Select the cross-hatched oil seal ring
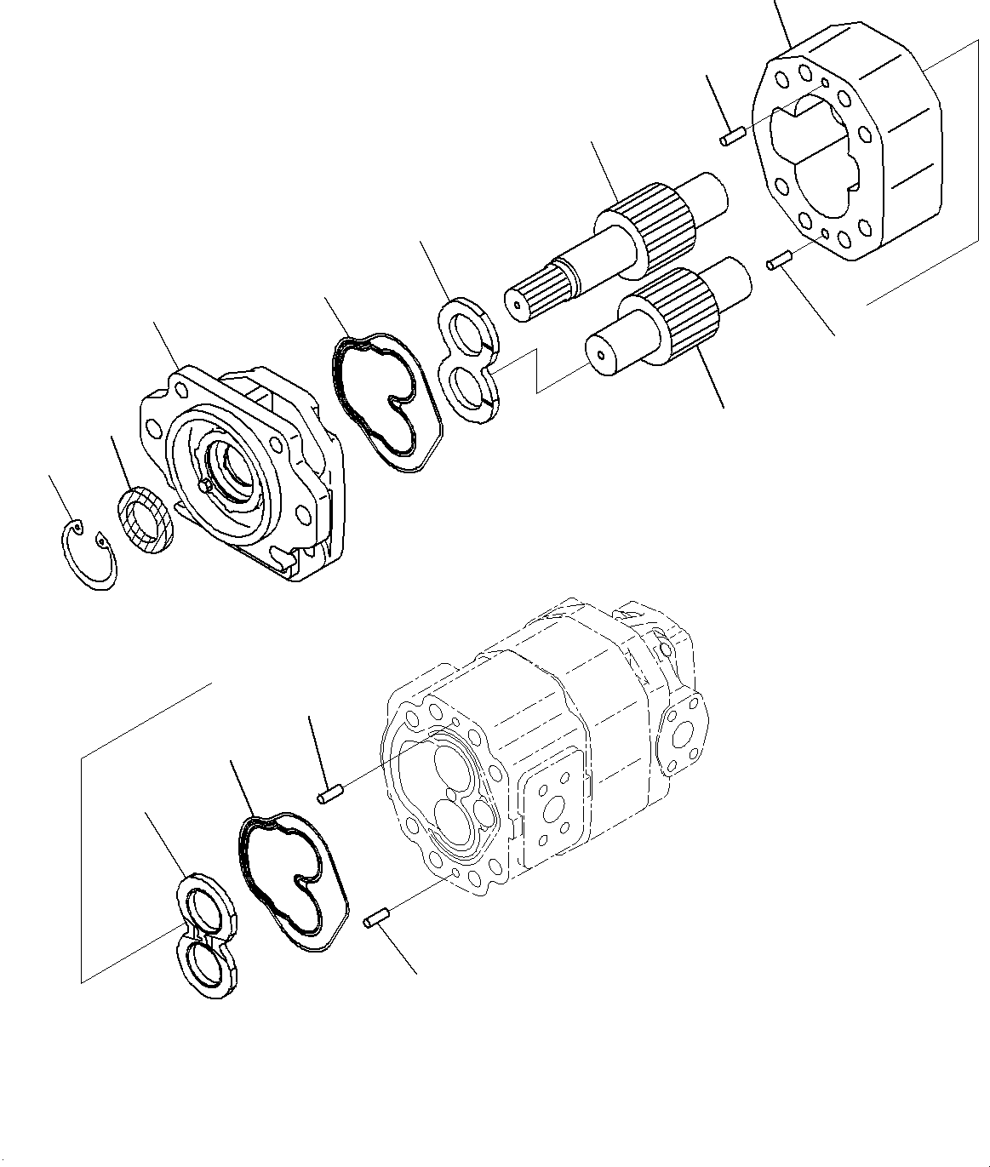coord(146,519)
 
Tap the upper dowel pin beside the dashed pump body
coord(329,796)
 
